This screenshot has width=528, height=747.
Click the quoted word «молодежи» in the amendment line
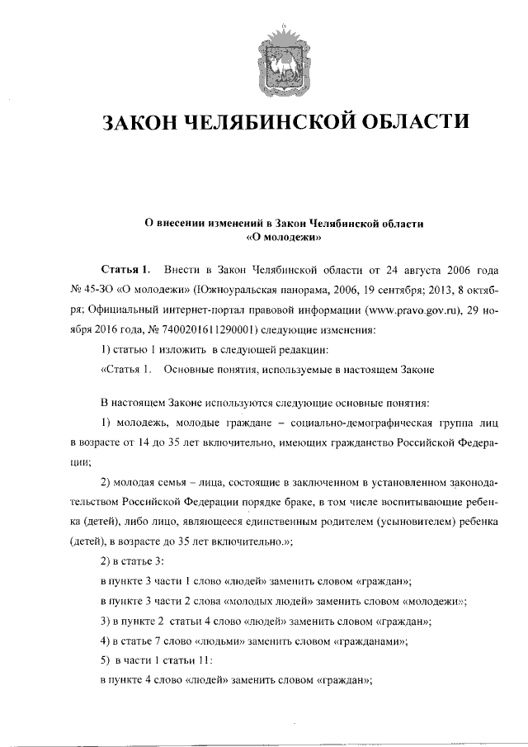coord(437,600)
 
